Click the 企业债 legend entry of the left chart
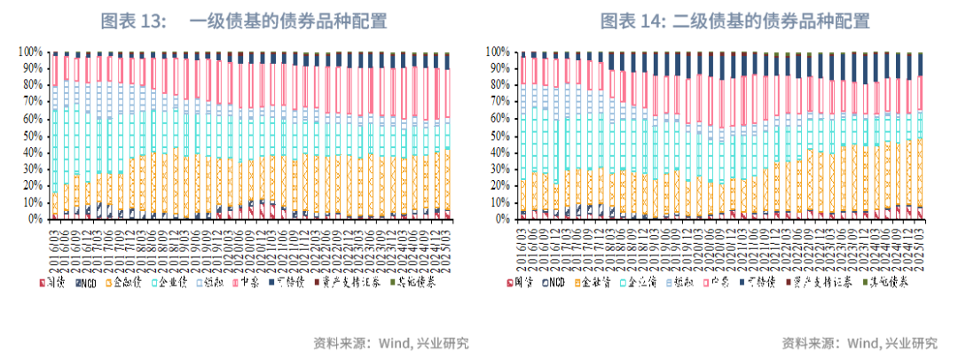(169, 281)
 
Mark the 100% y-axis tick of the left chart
(31, 51)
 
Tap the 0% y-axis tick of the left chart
(36, 218)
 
